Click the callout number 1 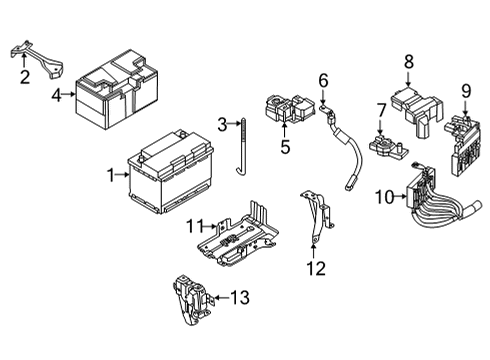pyautogui.click(x=112, y=175)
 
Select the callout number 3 pyautogui.click(x=223, y=124)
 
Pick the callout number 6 pyautogui.click(x=323, y=80)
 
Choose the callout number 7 pyautogui.click(x=381, y=109)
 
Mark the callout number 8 pyautogui.click(x=408, y=63)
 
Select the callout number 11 pyautogui.click(x=198, y=223)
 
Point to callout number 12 pyautogui.click(x=315, y=267)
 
